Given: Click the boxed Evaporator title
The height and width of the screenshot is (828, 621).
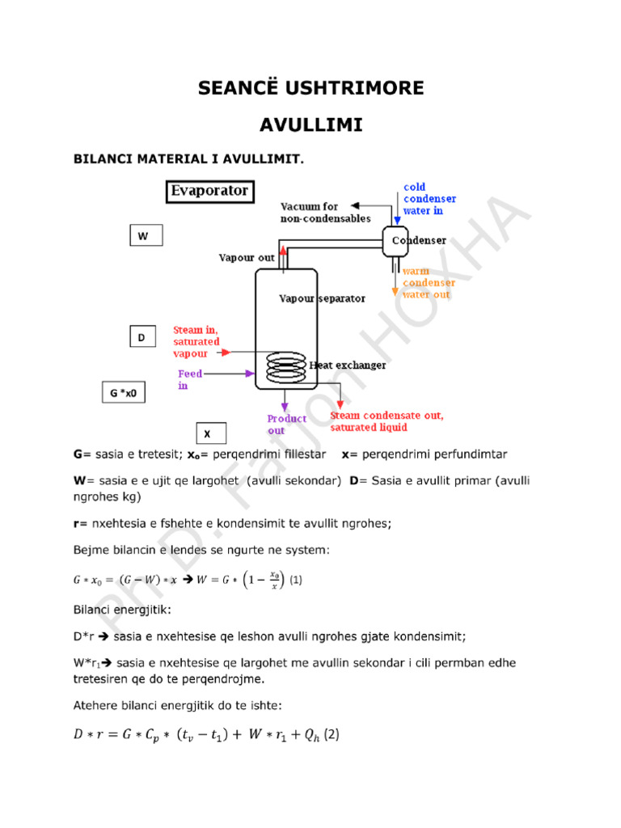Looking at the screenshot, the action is point(209,191).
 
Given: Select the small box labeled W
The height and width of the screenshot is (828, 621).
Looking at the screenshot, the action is point(146,235).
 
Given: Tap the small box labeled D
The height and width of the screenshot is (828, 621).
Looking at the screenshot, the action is point(142,336).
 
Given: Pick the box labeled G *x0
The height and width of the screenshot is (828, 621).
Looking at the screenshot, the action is point(124,392).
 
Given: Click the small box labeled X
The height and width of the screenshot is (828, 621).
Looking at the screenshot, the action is point(211,433).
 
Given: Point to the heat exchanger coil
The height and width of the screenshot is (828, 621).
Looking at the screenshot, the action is point(285,367).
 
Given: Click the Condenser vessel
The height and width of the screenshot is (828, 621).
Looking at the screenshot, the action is point(395,241).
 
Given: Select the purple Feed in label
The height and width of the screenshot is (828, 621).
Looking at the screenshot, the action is point(190,379).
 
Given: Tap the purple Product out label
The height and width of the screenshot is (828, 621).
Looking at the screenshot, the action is point(286,425).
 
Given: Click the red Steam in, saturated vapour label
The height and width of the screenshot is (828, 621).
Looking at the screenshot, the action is point(196,342).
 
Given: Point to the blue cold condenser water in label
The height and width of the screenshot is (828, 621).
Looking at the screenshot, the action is point(429,199).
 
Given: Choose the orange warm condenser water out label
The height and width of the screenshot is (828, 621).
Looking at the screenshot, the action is point(429,282).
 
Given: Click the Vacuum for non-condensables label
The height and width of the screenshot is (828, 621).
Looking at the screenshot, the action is point(325,213).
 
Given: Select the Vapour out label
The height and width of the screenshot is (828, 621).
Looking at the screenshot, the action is point(247,258).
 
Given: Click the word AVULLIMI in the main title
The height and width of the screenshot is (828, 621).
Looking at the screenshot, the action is point(311,125).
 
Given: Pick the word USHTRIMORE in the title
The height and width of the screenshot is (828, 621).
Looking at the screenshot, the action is point(354,87).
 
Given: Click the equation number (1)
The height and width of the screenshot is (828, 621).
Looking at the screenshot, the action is point(296,580).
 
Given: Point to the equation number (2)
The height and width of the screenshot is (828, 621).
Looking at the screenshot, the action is point(332,734).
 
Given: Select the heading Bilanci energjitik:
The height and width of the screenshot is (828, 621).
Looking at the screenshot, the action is point(122,610).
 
